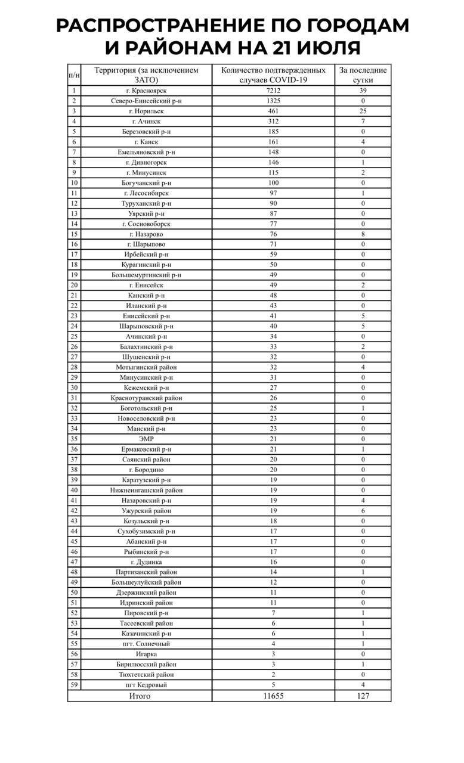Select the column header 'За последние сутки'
pyautogui.click(x=363, y=75)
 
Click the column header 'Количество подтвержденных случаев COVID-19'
pyautogui.click(x=273, y=75)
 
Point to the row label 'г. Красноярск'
pyautogui.click(x=146, y=91)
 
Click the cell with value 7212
pyautogui.click(x=273, y=91)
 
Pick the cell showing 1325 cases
pyautogui.click(x=273, y=101)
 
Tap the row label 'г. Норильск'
pyautogui.click(x=146, y=111)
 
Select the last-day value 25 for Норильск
pyautogui.click(x=363, y=111)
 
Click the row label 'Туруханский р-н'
pyautogui.click(x=146, y=203)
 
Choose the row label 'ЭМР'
pyautogui.click(x=146, y=439)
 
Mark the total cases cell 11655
pyautogui.click(x=273, y=696)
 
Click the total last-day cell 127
pyautogui.click(x=363, y=696)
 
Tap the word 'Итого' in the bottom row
pyautogui.click(x=140, y=696)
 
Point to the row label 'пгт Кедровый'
pyautogui.click(x=146, y=685)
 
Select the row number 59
pyautogui.click(x=74, y=685)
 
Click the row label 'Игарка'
pyautogui.click(x=146, y=654)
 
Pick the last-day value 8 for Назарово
pyautogui.click(x=363, y=234)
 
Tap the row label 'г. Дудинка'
pyautogui.click(x=146, y=562)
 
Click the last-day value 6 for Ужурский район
pyautogui.click(x=363, y=510)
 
